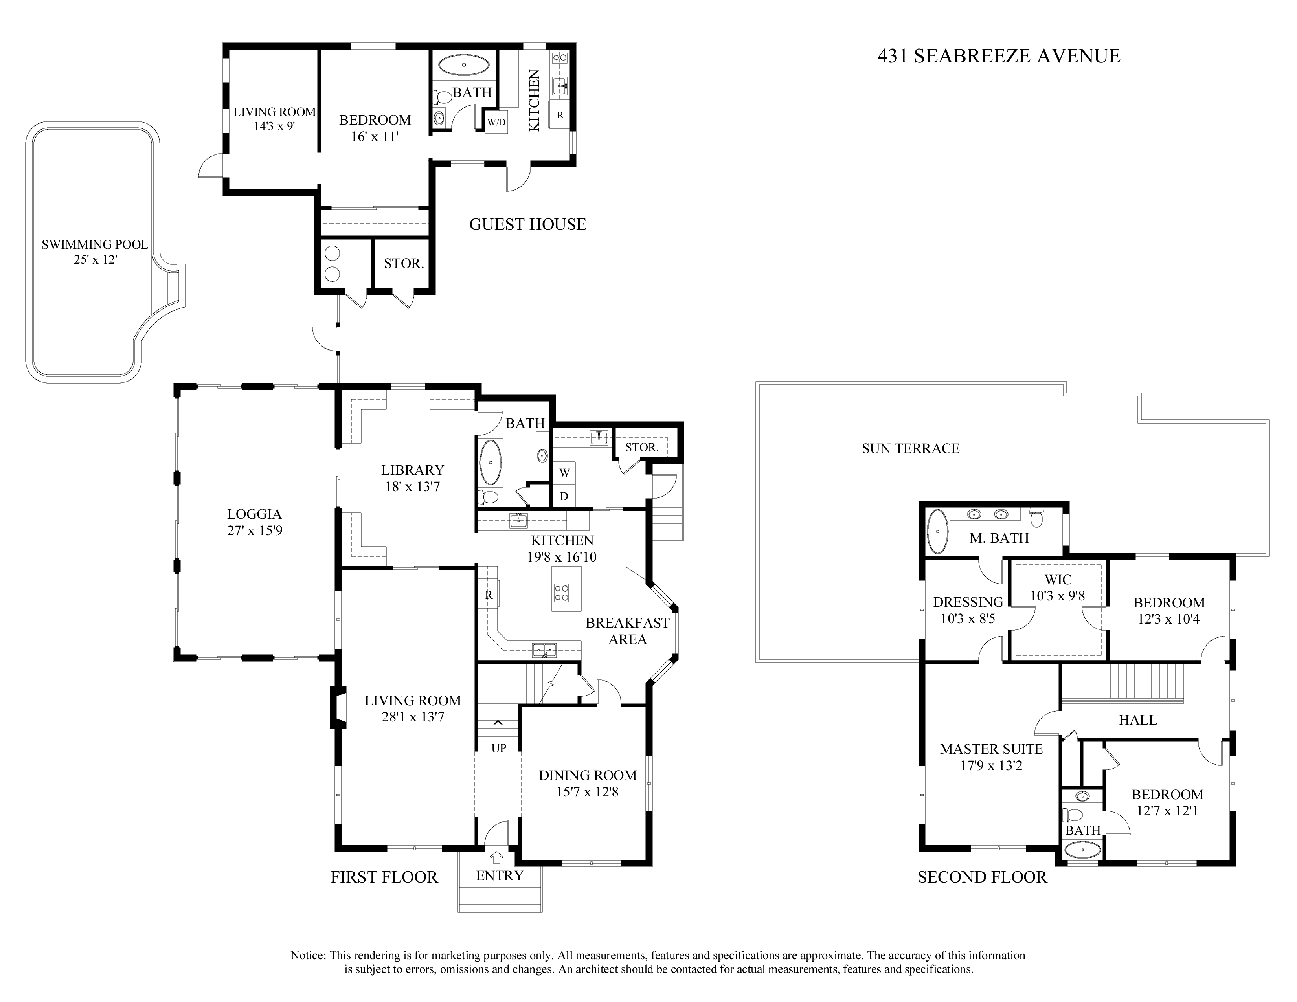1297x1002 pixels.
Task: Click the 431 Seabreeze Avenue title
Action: pyautogui.click(x=998, y=56)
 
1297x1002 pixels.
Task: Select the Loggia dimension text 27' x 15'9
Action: pyautogui.click(x=254, y=531)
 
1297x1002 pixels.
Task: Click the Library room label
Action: pyautogui.click(x=412, y=470)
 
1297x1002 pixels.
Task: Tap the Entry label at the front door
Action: pyautogui.click(x=500, y=875)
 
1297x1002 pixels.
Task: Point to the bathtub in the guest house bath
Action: pyautogui.click(x=464, y=65)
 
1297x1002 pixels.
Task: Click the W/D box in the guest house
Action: pyautogui.click(x=496, y=122)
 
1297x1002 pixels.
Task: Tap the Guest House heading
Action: pyautogui.click(x=527, y=224)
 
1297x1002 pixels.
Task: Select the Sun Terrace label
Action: pyautogui.click(x=910, y=448)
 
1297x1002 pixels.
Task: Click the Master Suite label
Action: pyautogui.click(x=991, y=749)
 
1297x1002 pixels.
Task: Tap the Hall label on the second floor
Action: pyautogui.click(x=1138, y=720)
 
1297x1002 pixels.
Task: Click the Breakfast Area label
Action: pyautogui.click(x=627, y=631)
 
